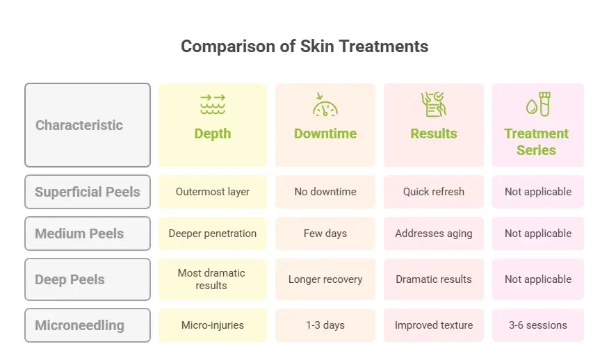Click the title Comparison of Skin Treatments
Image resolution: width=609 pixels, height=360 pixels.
pos(304,46)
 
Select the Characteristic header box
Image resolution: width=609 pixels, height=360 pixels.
pos(88,125)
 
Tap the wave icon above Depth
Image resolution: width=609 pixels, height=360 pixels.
pos(213,104)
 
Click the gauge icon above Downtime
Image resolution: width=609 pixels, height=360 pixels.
pos(325,104)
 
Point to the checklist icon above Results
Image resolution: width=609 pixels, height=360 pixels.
pos(433,104)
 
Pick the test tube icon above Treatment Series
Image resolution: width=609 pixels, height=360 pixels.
pos(538,104)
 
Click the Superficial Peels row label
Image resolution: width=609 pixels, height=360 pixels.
pos(88,192)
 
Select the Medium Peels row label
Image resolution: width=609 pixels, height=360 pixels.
pos(88,234)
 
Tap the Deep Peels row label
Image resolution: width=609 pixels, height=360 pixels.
pos(88,279)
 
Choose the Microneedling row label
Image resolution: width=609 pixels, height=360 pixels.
pos(88,325)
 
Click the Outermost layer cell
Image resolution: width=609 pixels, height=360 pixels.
pos(213,192)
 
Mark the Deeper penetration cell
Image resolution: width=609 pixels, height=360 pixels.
pos(213,234)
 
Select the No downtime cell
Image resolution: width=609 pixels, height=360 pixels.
pos(325,192)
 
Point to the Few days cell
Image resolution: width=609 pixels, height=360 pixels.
pos(325,234)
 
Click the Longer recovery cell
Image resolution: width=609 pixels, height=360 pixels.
pos(325,279)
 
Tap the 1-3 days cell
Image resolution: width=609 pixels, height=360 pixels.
pos(325,325)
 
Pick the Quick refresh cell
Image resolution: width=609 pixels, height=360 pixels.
pos(433,192)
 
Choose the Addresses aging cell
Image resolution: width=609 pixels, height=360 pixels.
pos(433,234)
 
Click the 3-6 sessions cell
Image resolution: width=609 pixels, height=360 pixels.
pos(538,325)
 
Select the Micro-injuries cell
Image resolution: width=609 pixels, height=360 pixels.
pos(213,325)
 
